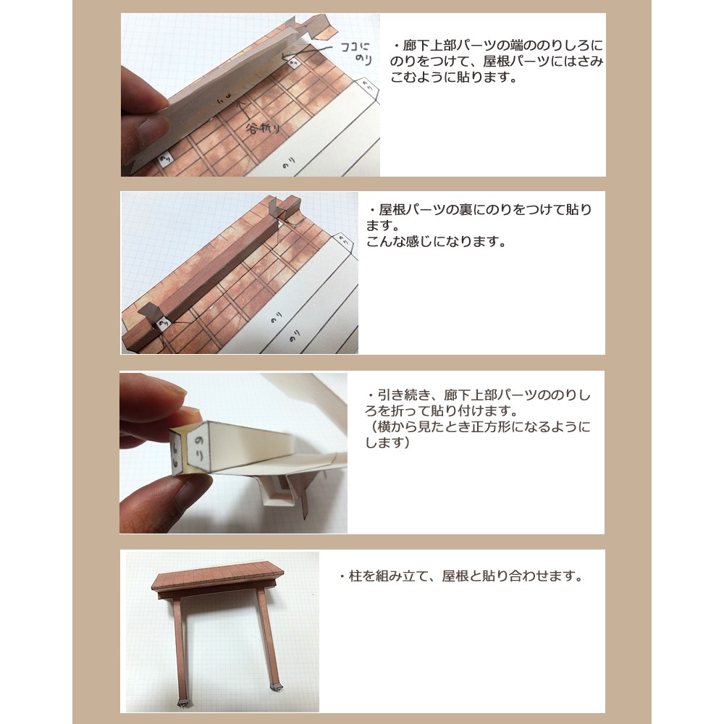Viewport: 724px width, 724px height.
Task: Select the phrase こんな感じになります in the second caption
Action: click(432, 241)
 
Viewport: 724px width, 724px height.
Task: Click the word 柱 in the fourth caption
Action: click(355, 576)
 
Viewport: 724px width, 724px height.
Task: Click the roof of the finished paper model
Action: click(217, 575)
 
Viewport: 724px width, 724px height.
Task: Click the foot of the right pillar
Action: click(276, 686)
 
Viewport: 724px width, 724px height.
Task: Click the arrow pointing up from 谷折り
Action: click(243, 110)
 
